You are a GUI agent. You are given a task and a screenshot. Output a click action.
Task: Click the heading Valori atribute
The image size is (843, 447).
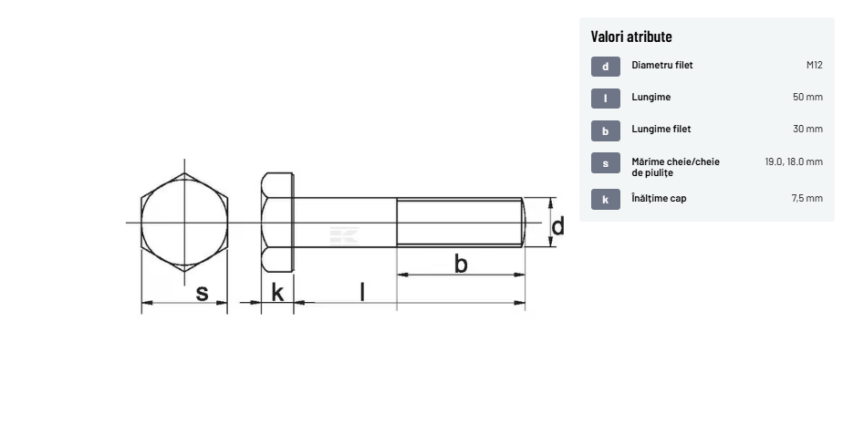click(631, 36)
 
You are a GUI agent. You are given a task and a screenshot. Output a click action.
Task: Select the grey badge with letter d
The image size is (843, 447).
click(606, 67)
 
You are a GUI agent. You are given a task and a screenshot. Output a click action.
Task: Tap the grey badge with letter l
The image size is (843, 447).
click(606, 99)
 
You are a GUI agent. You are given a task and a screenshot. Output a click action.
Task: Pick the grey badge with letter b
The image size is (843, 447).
click(606, 131)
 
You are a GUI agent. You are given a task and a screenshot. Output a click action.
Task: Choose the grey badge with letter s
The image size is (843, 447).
click(606, 163)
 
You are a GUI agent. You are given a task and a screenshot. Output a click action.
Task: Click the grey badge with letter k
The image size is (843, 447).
click(606, 199)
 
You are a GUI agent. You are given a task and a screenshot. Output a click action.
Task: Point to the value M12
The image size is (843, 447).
click(815, 65)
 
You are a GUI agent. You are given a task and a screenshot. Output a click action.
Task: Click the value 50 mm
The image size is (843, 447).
click(807, 97)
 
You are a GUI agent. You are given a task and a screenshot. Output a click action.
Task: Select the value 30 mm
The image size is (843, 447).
click(807, 129)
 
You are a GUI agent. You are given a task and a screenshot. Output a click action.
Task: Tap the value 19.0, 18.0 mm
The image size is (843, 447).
click(794, 161)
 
